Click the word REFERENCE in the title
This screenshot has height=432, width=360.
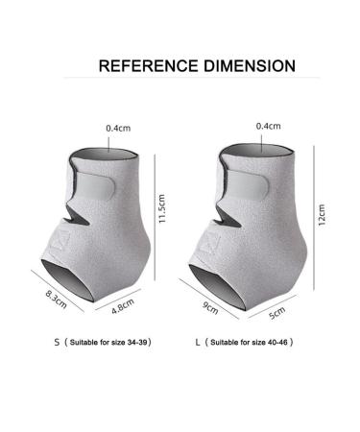[x=149, y=65]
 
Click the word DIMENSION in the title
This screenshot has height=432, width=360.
[x=250, y=65]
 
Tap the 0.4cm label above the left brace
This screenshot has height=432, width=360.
[x=118, y=129]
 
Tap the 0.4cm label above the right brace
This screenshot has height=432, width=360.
[x=268, y=126]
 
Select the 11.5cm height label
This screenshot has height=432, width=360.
[x=162, y=208]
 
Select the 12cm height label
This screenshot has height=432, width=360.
[x=322, y=215]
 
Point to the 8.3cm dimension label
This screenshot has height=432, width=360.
[x=56, y=300]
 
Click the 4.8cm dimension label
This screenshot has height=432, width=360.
[x=123, y=306]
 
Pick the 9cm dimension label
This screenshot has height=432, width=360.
[x=210, y=307]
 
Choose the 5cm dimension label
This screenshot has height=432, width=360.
[x=276, y=313]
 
